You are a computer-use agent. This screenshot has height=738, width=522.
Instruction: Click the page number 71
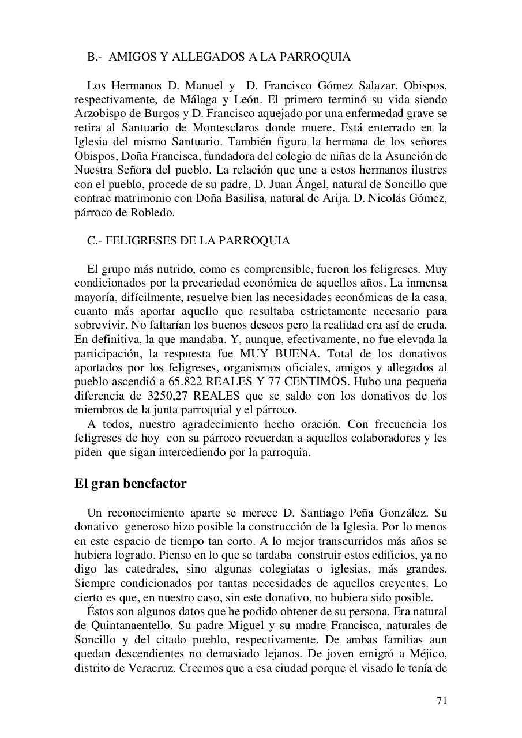tap(441, 701)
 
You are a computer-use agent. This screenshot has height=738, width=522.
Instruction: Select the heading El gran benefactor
tap(130, 483)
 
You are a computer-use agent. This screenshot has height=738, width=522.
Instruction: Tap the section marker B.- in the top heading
tap(95, 57)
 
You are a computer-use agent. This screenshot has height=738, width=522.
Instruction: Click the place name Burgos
tap(175, 114)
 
